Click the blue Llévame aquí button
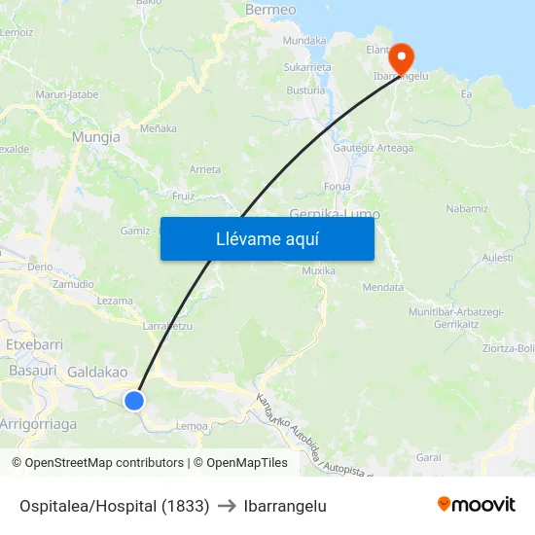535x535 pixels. [x=267, y=238]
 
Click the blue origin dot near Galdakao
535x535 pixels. [x=134, y=400]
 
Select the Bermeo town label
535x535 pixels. [x=270, y=10]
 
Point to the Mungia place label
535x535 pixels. [x=96, y=137]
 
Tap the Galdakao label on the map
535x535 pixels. [x=97, y=372]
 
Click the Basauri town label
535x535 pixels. [x=31, y=371]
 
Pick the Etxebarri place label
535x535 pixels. [x=35, y=344]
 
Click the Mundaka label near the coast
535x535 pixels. [x=303, y=41]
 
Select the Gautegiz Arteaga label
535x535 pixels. [x=373, y=148]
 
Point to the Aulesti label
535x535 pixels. [x=496, y=257]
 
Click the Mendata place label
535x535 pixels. [x=382, y=287]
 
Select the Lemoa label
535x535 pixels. [x=191, y=425]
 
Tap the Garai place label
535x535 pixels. [x=428, y=456]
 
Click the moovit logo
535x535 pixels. [x=476, y=504]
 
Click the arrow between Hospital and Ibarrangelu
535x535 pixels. [x=227, y=506]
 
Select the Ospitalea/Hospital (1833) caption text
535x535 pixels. [x=114, y=506]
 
